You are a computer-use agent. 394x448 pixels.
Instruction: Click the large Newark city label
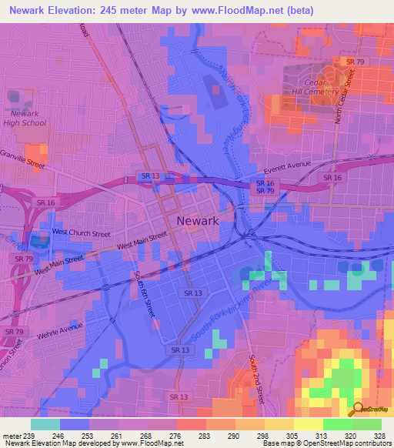(198, 220)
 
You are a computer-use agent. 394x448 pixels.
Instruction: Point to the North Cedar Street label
(344, 97)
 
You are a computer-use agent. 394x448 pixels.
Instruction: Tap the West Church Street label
(81, 232)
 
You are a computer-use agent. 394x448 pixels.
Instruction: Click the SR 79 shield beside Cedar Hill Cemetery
(355, 61)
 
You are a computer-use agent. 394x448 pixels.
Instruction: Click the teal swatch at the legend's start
(45, 424)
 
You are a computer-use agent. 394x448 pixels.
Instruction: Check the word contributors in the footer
(374, 443)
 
